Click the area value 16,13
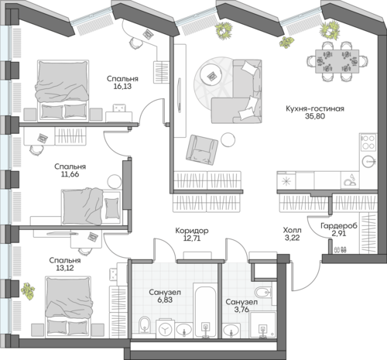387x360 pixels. (122, 87)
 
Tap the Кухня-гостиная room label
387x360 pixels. (315, 108)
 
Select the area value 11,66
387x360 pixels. (70, 174)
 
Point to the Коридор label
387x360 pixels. (192, 231)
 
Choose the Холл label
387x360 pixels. (292, 230)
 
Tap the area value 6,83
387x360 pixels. (164, 300)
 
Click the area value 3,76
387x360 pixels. (241, 309)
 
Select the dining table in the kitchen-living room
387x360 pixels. (337, 61)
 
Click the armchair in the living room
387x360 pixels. (201, 149)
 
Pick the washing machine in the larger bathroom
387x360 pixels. (166, 328)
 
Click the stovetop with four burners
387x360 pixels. (368, 142)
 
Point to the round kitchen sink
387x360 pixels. (369, 162)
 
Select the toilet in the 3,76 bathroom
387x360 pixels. (263, 293)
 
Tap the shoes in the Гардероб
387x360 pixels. (341, 249)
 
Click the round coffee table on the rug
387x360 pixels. (213, 76)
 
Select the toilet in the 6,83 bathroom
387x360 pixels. (144, 325)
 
